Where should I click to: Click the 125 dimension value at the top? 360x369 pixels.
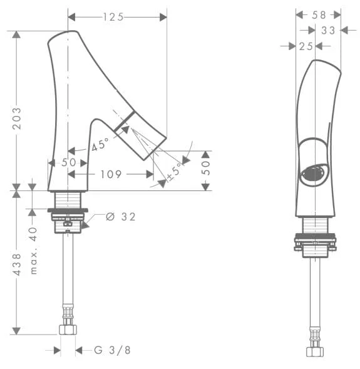coord(113,17)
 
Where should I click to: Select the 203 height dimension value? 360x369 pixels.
coord(17,118)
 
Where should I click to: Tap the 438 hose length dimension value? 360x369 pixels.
coord(17,264)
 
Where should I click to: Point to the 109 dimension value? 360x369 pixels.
coord(111,174)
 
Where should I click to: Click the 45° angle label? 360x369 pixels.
coord(100,145)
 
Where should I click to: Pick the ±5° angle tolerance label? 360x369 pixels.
coord(175,171)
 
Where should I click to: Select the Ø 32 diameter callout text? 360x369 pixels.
coord(121,217)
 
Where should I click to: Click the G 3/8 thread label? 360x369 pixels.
coord(112,350)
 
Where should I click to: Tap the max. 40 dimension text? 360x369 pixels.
coord(34,251)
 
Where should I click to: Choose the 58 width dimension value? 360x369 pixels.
coord(319,15)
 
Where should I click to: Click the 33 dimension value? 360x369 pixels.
coord(328,30)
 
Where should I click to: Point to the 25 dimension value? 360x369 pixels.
coord(306,46)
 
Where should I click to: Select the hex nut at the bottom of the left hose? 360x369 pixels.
coord(68,330)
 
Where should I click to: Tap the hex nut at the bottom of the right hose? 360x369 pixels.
coord(315,351)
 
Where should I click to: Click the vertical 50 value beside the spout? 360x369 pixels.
coord(205,167)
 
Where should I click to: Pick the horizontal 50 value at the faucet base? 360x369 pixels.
coord(68,162)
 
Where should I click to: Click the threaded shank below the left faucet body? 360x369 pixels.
coord(68,200)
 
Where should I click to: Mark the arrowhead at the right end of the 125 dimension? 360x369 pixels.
coord(163,17)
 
